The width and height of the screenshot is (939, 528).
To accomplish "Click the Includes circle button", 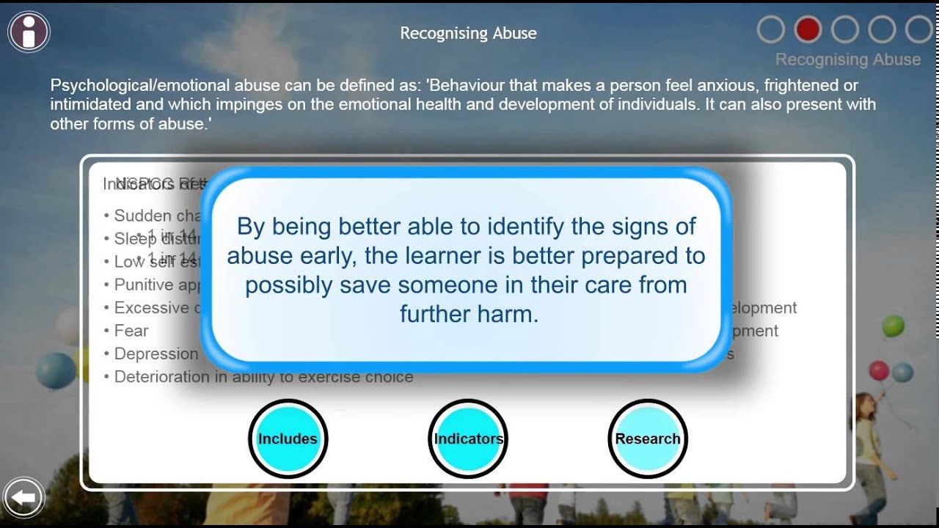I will tap(288, 439).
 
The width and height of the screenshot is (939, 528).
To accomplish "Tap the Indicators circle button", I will tap(468, 439).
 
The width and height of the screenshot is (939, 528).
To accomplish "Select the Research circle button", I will tap(648, 439).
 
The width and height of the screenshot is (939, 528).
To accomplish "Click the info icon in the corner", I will tap(29, 32).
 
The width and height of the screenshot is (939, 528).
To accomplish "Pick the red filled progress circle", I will tap(808, 30).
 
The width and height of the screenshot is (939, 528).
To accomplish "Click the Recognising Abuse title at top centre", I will tap(468, 33).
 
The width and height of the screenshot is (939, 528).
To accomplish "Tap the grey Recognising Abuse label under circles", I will tap(847, 59).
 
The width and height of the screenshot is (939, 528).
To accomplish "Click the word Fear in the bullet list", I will tap(131, 331).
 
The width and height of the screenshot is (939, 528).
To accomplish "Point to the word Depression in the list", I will tap(156, 353).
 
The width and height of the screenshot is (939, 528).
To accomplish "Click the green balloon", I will tap(893, 326).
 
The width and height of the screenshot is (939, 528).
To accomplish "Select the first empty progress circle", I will tap(770, 30).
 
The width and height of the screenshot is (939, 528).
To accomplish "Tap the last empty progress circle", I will tap(918, 30).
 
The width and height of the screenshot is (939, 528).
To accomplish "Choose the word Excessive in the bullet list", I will tap(150, 308).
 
